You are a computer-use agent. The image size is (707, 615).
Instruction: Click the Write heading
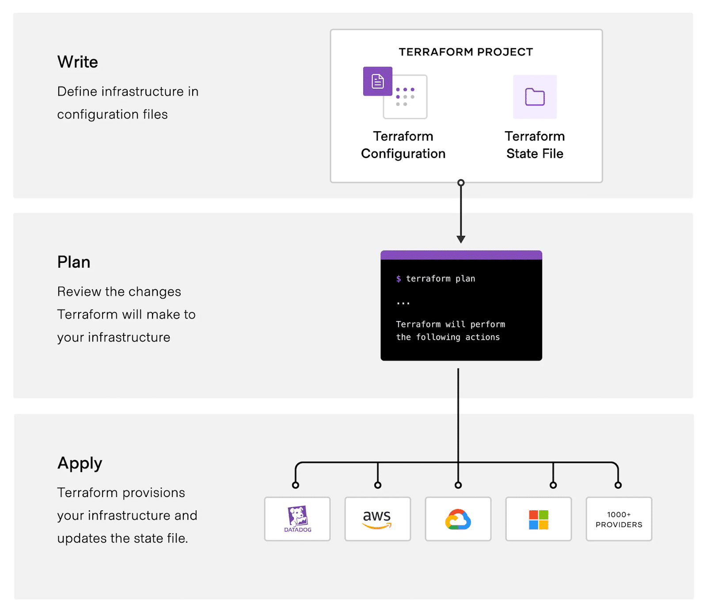coord(77,62)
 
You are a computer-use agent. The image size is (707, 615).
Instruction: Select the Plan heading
coord(74,262)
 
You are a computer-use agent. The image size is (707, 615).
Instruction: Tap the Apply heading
coord(80,463)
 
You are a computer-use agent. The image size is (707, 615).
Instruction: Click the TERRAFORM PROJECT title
coord(466,52)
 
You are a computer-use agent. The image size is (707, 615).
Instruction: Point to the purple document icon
coord(377,81)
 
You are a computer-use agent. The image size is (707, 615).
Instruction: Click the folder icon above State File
coord(535,97)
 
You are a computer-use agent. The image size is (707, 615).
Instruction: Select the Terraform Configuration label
coord(403,145)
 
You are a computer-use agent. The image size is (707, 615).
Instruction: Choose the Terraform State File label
coord(535,145)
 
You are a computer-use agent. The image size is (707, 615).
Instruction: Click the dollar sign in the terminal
coord(399,279)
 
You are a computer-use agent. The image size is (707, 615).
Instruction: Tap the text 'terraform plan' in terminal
coord(441,279)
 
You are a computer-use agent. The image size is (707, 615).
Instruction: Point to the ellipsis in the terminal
coord(403,303)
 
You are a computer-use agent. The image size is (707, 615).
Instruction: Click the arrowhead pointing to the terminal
coord(461,239)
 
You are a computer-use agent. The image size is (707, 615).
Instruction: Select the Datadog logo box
coord(297,519)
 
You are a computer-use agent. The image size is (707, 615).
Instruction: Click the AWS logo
coord(377,519)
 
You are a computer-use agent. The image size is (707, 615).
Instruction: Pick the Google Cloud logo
coord(458,519)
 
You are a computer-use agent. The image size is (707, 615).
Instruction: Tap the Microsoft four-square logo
coord(539,520)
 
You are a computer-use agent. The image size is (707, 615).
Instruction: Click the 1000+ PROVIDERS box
coord(619,519)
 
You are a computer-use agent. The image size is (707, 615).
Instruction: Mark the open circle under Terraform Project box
coord(461,182)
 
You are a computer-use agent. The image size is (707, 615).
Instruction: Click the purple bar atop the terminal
coord(461,255)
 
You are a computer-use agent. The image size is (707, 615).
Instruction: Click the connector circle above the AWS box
coord(378,485)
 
